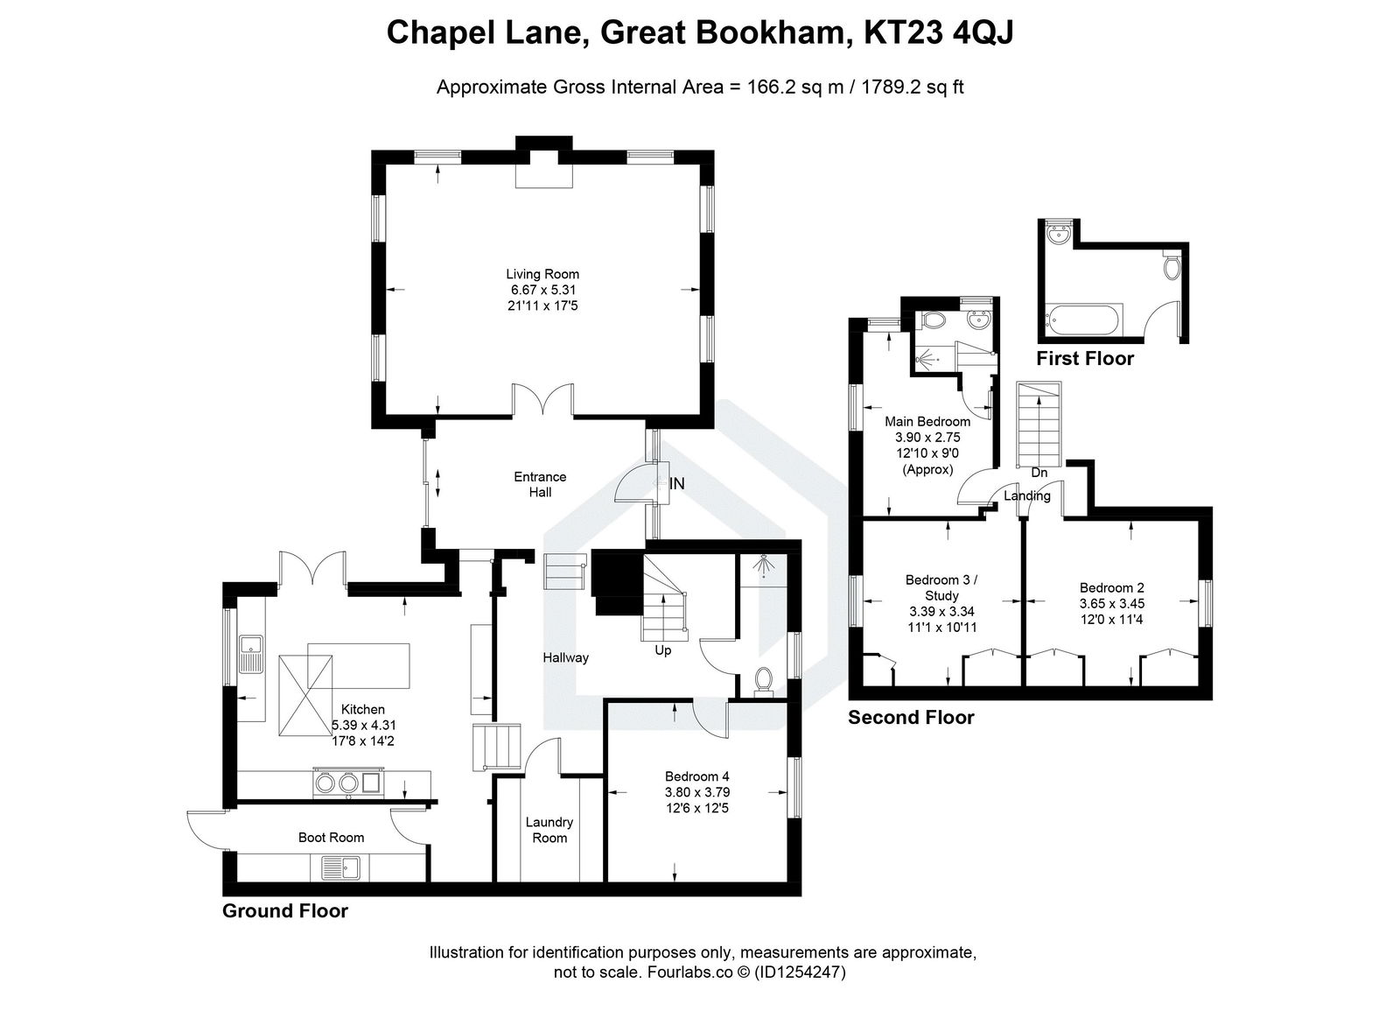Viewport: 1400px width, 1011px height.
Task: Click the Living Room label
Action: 542,274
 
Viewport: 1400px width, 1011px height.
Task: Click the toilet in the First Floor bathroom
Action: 1172,266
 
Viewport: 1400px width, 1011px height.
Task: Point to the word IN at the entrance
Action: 677,483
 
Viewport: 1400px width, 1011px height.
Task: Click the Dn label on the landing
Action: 1039,473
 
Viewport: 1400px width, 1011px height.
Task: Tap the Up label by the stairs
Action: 662,650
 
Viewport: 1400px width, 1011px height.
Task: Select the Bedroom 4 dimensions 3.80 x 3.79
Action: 696,792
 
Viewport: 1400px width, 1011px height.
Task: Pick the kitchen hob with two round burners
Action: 338,783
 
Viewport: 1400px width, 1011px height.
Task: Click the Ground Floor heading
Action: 284,911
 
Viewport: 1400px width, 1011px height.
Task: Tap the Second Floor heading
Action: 911,718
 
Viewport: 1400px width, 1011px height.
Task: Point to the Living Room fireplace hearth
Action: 543,176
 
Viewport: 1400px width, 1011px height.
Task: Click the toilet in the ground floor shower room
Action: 763,681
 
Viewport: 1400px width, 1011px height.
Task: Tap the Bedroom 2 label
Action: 1111,587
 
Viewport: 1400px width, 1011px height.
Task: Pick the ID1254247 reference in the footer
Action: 800,972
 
